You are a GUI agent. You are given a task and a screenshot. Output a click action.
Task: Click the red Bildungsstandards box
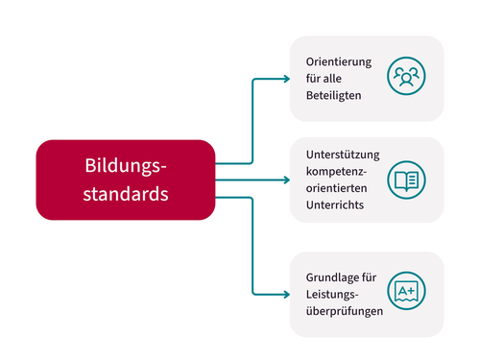point(125,180)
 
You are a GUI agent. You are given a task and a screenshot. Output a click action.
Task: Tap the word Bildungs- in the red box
point(126,166)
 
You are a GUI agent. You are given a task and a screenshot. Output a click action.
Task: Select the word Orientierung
point(333,62)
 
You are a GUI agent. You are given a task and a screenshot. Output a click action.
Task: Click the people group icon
point(407,78)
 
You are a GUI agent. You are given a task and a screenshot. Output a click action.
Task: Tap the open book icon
point(407,180)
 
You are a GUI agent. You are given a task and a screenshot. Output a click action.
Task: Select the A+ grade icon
point(407,292)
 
